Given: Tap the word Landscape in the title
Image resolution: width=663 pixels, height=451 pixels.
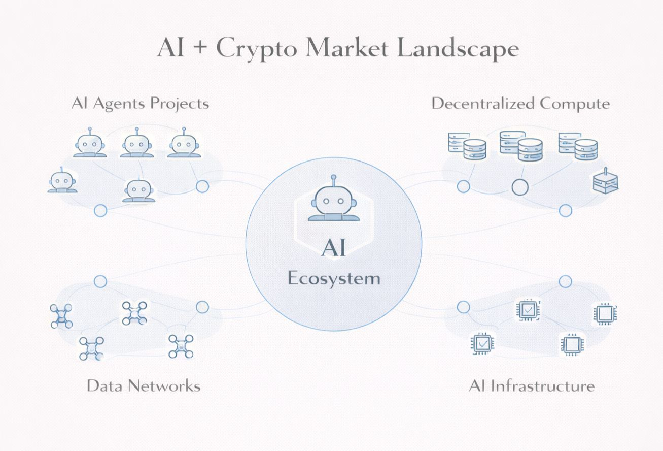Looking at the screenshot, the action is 457,49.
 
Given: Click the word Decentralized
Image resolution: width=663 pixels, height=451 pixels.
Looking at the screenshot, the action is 483,104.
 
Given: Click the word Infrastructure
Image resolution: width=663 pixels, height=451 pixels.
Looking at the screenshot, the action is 546,385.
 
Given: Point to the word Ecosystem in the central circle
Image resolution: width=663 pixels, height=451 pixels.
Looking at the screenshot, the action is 334,278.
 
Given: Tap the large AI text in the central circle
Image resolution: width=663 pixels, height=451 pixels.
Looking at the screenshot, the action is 334,249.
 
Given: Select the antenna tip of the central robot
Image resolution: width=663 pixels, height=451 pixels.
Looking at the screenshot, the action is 333,178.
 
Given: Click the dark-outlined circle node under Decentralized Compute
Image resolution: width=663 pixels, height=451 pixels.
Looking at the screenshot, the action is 519,187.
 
